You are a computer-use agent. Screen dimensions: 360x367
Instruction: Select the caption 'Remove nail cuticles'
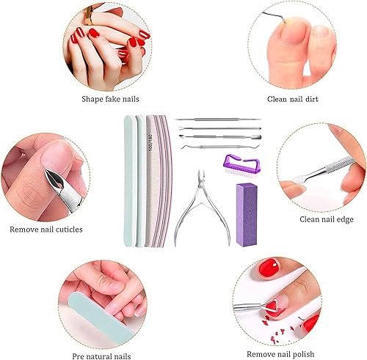57,229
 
